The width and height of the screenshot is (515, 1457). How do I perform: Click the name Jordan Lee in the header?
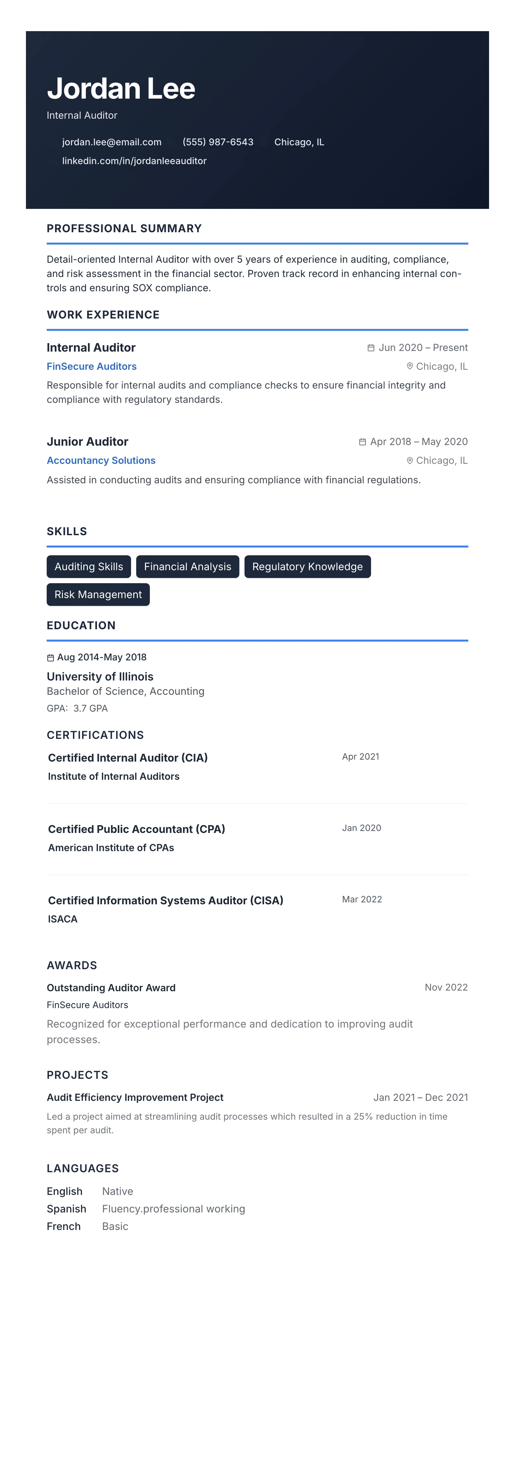click(x=121, y=89)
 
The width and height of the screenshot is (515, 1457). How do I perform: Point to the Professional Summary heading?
click(x=124, y=228)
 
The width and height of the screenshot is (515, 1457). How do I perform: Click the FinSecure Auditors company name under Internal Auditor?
click(x=91, y=367)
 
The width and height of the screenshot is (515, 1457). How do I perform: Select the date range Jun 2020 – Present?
click(x=423, y=348)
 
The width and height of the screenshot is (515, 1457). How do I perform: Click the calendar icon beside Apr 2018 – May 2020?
click(x=362, y=442)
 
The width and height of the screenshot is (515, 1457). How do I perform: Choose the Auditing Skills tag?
click(x=89, y=567)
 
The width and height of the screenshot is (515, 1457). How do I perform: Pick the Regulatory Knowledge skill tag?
click(x=307, y=567)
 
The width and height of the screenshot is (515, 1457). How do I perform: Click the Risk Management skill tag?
click(x=98, y=595)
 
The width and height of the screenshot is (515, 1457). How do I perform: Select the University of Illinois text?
click(x=100, y=677)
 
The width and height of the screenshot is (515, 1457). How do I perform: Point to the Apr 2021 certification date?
click(x=361, y=757)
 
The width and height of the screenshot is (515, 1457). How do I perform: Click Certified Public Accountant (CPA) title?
click(x=136, y=829)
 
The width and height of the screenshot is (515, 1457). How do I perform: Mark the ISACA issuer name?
click(x=63, y=919)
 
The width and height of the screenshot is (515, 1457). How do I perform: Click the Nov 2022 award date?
click(x=446, y=988)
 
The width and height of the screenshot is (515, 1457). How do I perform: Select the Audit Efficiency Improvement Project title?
click(x=135, y=1097)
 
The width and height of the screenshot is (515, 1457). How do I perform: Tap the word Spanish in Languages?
click(x=67, y=1209)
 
